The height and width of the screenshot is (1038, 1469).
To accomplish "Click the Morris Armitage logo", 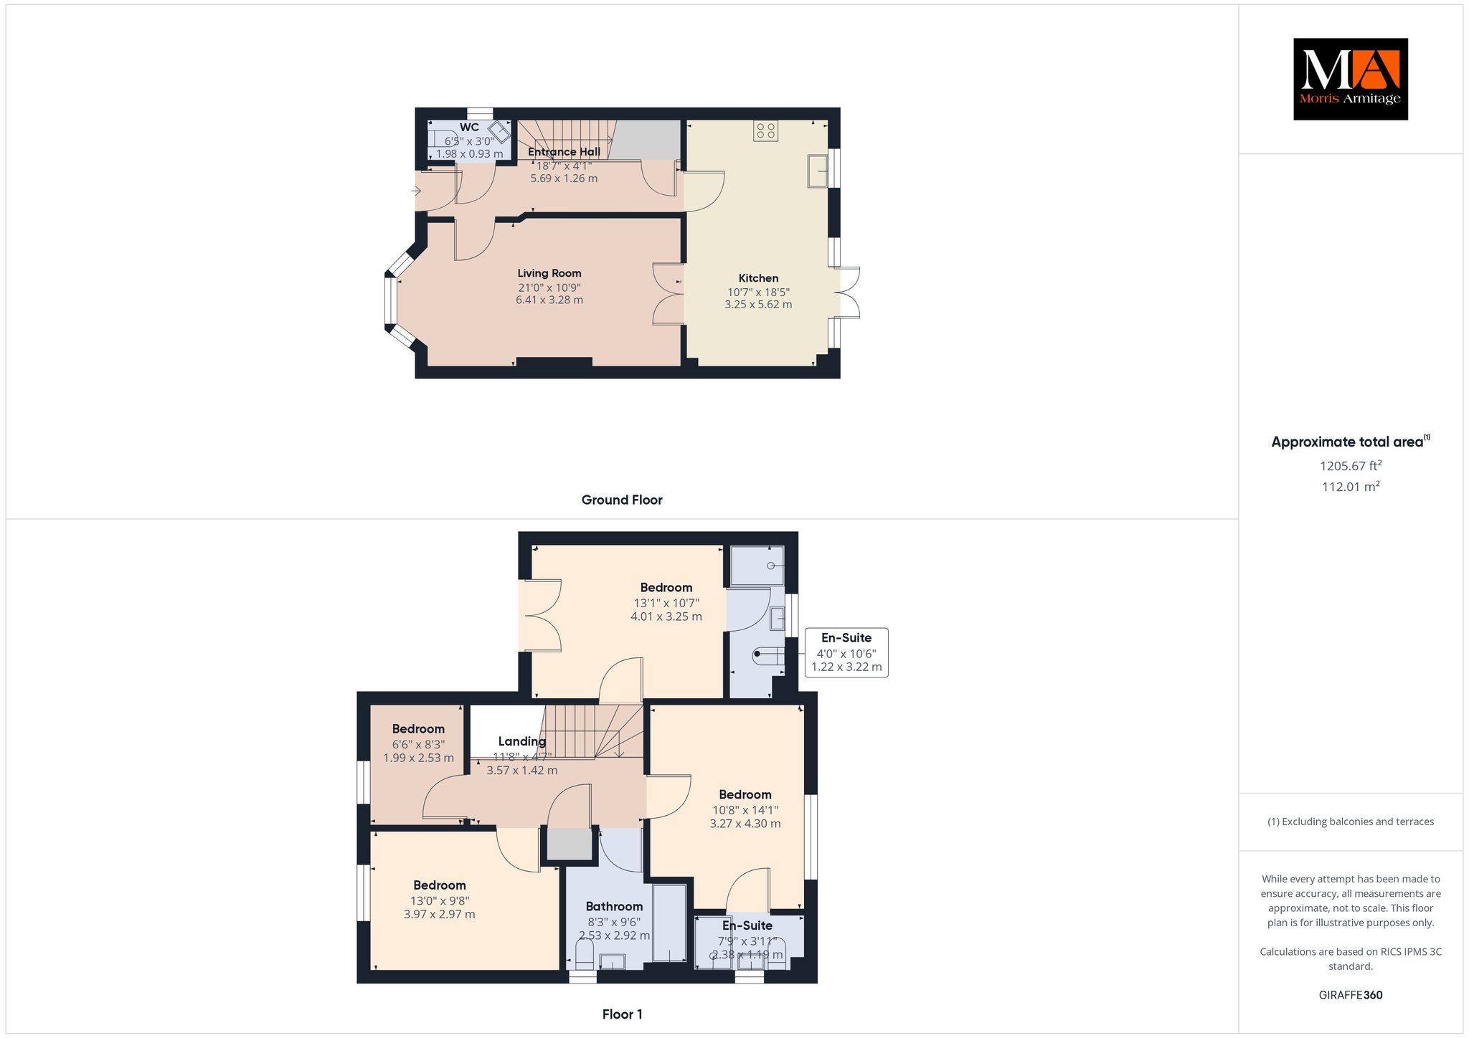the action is coord(1351,79).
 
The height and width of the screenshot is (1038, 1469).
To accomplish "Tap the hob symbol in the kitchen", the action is coord(766,130).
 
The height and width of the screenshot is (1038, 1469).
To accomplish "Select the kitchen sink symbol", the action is coord(818,171).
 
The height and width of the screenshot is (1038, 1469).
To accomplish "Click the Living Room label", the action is coord(549,273).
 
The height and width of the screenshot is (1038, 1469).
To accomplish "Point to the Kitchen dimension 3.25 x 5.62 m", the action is coord(758,305).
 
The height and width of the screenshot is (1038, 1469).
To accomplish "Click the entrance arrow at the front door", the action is coord(416,191).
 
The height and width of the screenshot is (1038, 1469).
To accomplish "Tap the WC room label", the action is coord(470,128).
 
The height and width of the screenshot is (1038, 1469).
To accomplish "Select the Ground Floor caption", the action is coord(622,500).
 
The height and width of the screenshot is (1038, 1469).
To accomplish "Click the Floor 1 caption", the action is coord(623,1014).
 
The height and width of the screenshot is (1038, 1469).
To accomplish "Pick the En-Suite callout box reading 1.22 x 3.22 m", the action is coord(846,652).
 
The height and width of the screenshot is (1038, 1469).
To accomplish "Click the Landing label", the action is coord(522,741).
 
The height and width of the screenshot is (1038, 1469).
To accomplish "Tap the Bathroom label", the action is coord(614,907).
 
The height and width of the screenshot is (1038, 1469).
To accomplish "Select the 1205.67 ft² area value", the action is coord(1351,466).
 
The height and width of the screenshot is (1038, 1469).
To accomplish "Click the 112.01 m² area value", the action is coord(1351,487).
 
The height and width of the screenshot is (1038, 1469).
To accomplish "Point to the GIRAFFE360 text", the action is coord(1351,995).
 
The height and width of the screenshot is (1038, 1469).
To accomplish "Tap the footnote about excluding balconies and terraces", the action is coord(1351,822).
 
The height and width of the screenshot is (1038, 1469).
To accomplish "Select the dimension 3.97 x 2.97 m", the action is coord(439,914).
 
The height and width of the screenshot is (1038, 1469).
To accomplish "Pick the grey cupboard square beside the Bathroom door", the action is coord(571,844).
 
